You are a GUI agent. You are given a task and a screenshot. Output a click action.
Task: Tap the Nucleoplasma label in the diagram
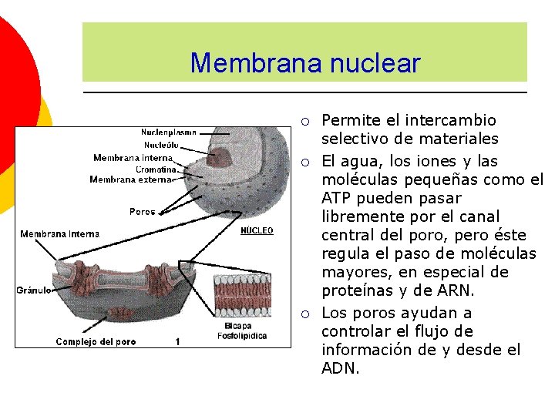[168, 133]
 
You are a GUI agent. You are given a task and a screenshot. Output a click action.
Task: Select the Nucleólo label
[161, 145]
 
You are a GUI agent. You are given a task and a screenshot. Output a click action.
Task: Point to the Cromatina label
[156, 169]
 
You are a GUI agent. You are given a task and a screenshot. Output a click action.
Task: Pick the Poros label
[142, 211]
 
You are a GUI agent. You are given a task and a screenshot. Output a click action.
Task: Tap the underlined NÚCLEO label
[257, 231]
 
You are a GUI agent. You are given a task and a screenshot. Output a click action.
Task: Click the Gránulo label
[33, 290]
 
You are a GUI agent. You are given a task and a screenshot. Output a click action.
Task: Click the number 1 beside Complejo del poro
[177, 341]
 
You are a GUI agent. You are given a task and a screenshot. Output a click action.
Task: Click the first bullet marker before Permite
[306, 121]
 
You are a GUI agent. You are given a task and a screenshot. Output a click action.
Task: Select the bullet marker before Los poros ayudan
[306, 314]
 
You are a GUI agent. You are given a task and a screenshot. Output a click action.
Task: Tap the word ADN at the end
[338, 368]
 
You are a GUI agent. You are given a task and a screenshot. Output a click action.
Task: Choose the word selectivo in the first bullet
[355, 139]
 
